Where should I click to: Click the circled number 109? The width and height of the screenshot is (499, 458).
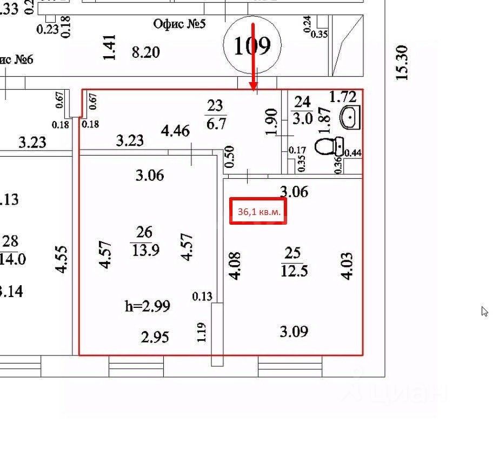click(x=252, y=46)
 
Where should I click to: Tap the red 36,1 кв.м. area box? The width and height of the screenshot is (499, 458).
click(x=258, y=211)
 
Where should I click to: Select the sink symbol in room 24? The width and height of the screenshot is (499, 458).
click(x=349, y=117)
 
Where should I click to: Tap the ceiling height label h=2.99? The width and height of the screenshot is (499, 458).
click(x=148, y=306)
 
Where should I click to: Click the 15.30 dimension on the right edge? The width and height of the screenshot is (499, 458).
click(x=402, y=63)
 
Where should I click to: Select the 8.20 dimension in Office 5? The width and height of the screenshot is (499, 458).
click(x=146, y=52)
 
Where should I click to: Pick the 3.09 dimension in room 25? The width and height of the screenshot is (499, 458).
click(x=294, y=331)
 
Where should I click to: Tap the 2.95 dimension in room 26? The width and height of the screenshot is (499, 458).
click(x=155, y=337)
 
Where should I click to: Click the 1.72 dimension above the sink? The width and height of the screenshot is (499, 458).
click(x=343, y=97)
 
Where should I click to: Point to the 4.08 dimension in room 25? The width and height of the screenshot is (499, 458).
click(x=235, y=266)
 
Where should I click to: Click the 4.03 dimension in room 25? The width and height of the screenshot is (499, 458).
click(x=347, y=265)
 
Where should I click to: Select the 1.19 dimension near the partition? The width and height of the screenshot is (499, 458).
click(x=202, y=332)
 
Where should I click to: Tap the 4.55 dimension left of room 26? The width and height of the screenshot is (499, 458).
click(x=62, y=259)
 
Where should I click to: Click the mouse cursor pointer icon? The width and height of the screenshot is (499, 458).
click(x=484, y=311)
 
